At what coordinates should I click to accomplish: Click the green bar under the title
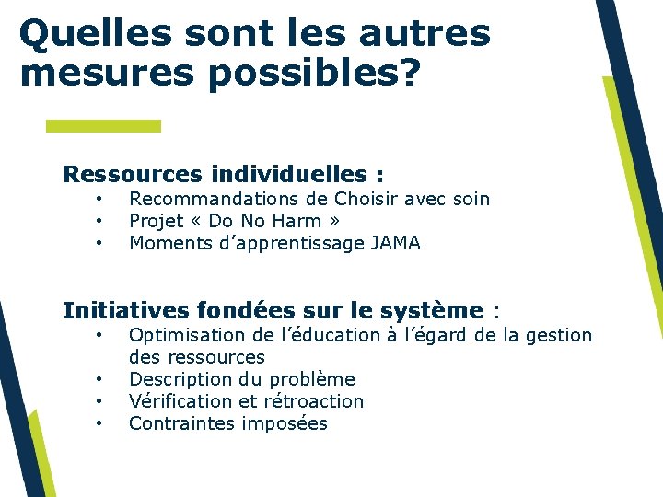tap(103, 125)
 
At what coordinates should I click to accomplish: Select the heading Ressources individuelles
tap(223, 174)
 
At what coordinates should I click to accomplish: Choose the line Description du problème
tap(241, 379)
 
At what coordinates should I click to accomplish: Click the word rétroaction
tap(314, 401)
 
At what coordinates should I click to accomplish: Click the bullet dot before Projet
tap(97, 221)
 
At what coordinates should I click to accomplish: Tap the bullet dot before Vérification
tap(97, 401)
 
